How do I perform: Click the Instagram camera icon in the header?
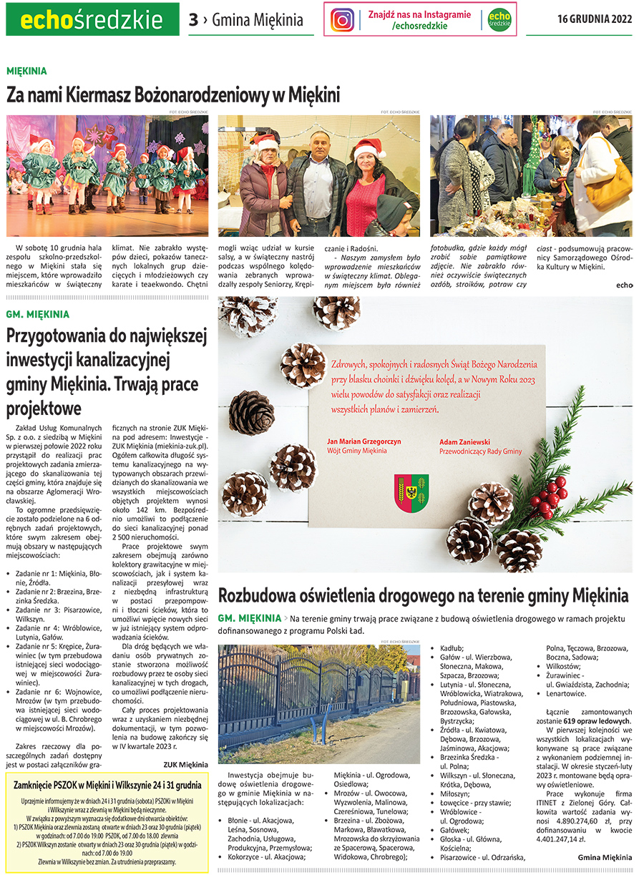[x=343, y=19]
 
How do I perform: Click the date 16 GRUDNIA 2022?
[x=595, y=19]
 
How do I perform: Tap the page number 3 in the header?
[x=193, y=20]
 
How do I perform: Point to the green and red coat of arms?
[x=411, y=492]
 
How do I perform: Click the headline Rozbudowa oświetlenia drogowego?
[x=423, y=595]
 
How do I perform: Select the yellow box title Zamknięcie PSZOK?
[x=108, y=784]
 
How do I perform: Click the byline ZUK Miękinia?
[x=185, y=764]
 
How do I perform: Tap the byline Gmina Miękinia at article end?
[x=605, y=856]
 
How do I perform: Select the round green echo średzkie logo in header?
[x=499, y=19]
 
